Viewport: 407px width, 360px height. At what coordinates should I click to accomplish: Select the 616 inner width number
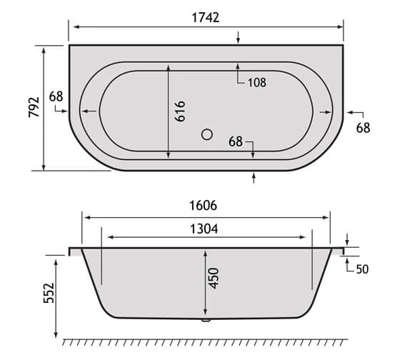click(x=181, y=111)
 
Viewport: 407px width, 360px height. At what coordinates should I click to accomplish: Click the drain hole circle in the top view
click(x=208, y=133)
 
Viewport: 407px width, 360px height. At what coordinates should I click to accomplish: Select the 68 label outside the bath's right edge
click(x=363, y=128)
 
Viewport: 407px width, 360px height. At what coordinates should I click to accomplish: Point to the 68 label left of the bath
click(x=57, y=96)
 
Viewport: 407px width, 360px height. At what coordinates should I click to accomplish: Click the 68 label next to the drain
click(x=237, y=141)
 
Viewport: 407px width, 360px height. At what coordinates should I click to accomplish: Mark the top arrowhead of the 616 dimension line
click(x=169, y=66)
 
